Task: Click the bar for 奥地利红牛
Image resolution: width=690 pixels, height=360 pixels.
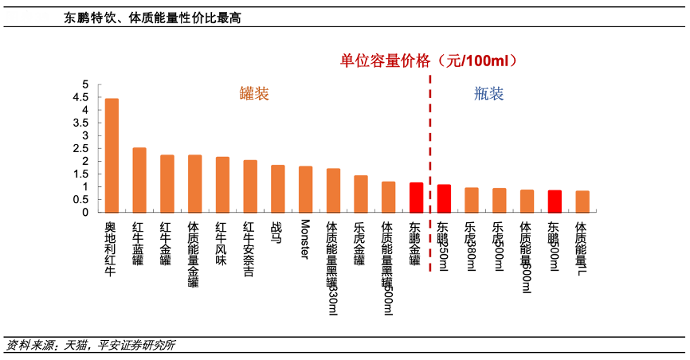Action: click(112, 156)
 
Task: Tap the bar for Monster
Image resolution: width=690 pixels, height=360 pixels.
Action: click(305, 190)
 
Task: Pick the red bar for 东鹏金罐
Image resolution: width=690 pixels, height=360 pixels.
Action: click(416, 198)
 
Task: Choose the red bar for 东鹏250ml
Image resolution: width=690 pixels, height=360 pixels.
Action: click(444, 198)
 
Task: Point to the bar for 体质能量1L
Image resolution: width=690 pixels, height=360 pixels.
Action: click(582, 202)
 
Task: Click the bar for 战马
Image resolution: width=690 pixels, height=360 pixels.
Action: click(277, 189)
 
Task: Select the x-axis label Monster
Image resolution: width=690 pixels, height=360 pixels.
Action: click(305, 238)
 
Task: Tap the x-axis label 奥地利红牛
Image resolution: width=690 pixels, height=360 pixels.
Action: click(112, 249)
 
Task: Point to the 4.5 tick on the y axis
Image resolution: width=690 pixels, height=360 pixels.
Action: click(84, 97)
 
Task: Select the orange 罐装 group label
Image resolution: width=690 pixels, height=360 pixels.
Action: click(254, 94)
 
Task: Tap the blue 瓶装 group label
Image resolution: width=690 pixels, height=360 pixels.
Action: click(488, 94)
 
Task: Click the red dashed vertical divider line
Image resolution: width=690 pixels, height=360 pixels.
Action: click(430, 159)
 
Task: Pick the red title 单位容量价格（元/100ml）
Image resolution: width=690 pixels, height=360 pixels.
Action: click(429, 61)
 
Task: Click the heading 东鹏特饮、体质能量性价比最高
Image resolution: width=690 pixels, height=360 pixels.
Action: click(152, 18)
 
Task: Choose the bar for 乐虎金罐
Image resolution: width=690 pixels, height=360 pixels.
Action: click(361, 194)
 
